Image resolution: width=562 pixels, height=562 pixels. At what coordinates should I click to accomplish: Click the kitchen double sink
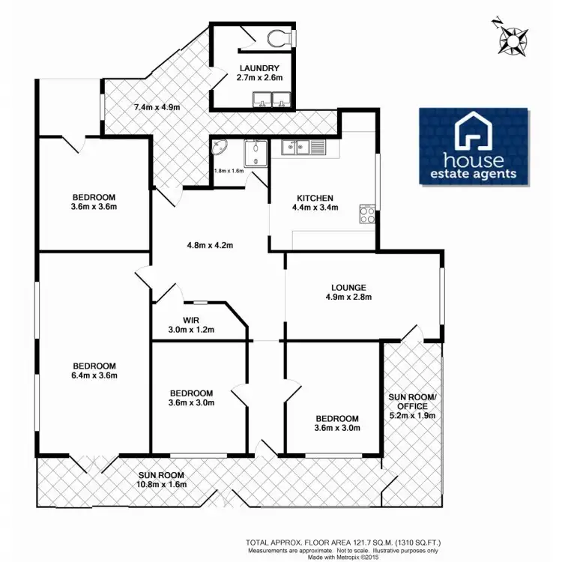[297, 148]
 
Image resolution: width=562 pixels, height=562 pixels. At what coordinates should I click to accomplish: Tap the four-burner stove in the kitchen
[368, 214]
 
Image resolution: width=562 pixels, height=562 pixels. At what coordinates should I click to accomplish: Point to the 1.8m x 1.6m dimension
[229, 171]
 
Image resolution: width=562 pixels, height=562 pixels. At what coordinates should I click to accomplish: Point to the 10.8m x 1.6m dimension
[161, 484]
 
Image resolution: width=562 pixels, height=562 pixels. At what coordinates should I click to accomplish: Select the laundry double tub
[271, 98]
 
